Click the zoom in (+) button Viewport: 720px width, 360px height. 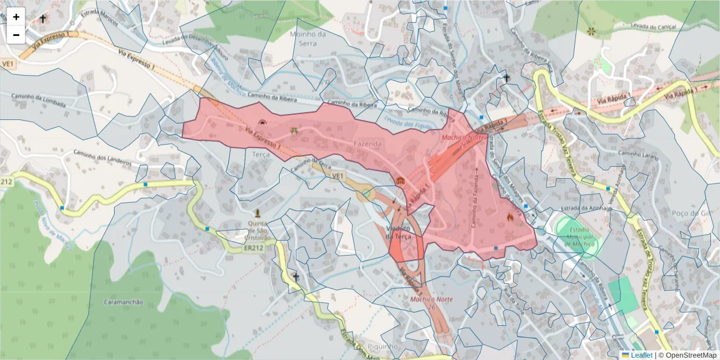(16, 17)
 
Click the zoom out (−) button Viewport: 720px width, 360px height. (16, 35)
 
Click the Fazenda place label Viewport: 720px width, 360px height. (368, 144)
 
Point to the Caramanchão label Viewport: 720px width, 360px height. (124, 302)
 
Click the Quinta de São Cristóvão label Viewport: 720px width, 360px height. (258, 230)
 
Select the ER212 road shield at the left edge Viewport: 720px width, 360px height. (5, 181)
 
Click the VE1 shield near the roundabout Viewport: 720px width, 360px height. (338, 175)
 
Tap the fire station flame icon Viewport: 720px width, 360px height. (510, 217)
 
